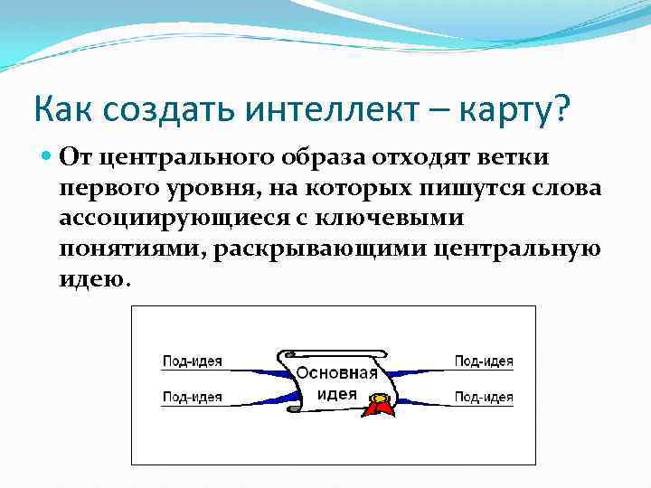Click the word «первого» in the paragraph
[112, 190]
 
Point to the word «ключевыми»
[400, 220]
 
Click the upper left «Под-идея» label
[192, 361]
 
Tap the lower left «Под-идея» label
[192, 396]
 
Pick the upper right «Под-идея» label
[484, 361]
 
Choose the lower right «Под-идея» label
[484, 396]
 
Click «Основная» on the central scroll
[337, 374]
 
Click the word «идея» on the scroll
[337, 394]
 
